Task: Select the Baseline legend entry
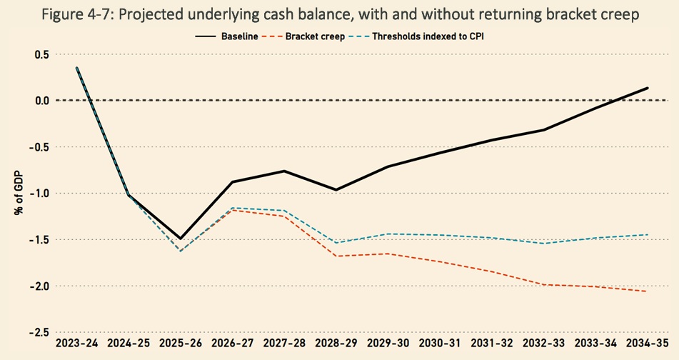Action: tap(236, 34)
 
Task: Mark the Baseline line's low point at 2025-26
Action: tap(181, 239)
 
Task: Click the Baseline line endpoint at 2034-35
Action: tap(648, 88)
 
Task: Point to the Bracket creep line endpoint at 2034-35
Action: tap(648, 291)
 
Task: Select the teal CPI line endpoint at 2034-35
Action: tap(648, 234)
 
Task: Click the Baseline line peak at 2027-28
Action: tap(284, 171)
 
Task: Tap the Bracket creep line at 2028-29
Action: tap(336, 256)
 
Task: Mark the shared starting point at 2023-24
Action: tap(77, 68)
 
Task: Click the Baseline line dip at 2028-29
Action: tap(336, 190)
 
